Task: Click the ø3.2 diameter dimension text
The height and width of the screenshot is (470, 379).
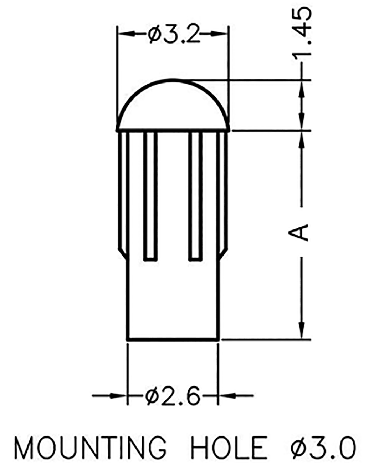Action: pyautogui.click(x=174, y=35)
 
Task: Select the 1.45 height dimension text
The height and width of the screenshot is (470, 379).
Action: pyautogui.click(x=302, y=33)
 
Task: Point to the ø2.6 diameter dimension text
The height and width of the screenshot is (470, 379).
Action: pyautogui.click(x=173, y=395)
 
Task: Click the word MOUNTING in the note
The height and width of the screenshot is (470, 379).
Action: pyautogui.click(x=90, y=448)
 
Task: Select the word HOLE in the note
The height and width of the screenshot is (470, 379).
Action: pyautogui.click(x=229, y=448)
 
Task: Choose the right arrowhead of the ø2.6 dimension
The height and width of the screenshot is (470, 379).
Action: pyautogui.click(x=225, y=395)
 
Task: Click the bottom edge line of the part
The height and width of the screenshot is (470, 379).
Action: pyautogui.click(x=173, y=339)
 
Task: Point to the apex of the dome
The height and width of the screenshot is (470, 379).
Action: pyautogui.click(x=173, y=80)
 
